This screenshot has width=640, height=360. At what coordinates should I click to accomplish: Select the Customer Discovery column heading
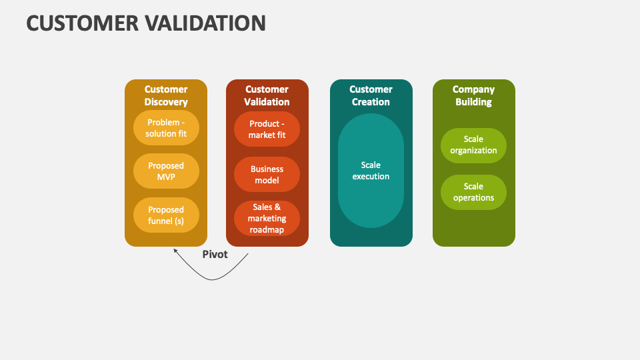pos(166,96)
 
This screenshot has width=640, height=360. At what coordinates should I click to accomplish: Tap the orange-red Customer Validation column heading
pos(267,96)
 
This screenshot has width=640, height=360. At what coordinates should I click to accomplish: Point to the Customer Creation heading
pos(371,96)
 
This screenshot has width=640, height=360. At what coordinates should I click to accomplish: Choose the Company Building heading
pos(473,96)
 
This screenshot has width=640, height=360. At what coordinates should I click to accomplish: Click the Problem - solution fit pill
pos(166,128)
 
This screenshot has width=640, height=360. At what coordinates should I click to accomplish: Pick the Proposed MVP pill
pos(166,171)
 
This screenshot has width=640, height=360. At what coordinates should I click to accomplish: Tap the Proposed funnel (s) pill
pos(166,215)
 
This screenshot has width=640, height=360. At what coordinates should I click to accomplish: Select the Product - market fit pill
pos(267,129)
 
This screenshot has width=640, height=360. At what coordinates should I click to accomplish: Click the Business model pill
pos(267,175)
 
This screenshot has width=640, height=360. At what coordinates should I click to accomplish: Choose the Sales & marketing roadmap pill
pos(267,219)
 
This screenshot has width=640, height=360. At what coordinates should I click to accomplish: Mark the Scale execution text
pos(371,171)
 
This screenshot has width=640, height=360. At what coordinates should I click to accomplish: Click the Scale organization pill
pos(473,145)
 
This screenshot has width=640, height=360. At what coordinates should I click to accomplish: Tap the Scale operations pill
pos(473,192)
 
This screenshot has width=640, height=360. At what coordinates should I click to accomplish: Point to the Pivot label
pos(215,255)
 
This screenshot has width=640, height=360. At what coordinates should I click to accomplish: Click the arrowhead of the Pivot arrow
pos(175,251)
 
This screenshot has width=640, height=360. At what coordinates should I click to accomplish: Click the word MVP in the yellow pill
pos(166,177)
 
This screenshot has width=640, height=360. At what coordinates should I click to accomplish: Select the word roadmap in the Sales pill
pos(267,230)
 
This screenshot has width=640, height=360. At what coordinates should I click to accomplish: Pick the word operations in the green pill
pos(473,198)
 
